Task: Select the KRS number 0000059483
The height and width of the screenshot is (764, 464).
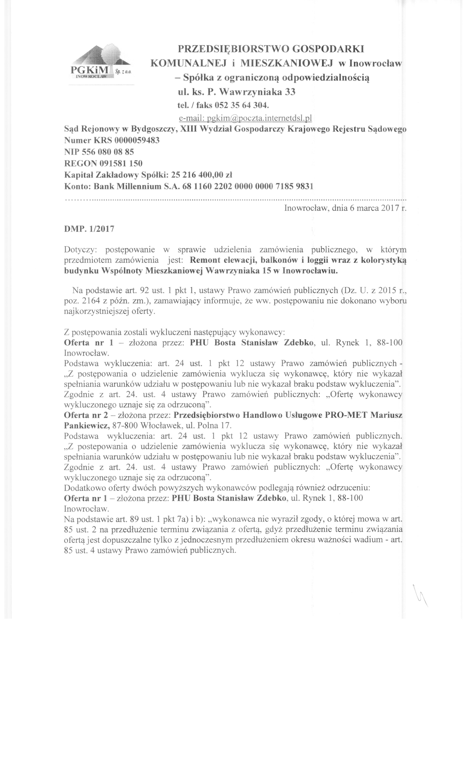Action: (137, 140)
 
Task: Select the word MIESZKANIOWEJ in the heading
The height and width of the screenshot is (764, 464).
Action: (287, 63)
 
